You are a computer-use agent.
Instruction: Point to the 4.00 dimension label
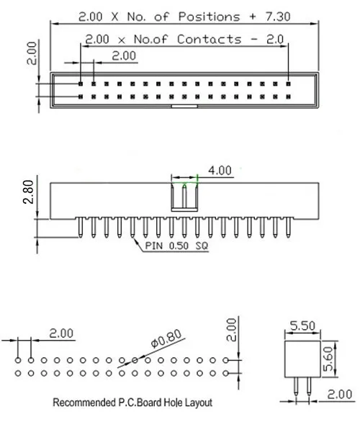point(220,171)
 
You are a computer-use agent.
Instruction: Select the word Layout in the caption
point(198,403)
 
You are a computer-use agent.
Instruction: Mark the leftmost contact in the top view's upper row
point(81,83)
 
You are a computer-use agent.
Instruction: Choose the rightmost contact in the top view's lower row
point(288,96)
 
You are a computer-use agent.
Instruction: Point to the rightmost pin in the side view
point(288,228)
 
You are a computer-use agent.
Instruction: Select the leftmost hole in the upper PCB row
point(17,359)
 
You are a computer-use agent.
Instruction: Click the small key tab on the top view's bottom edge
point(184,108)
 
